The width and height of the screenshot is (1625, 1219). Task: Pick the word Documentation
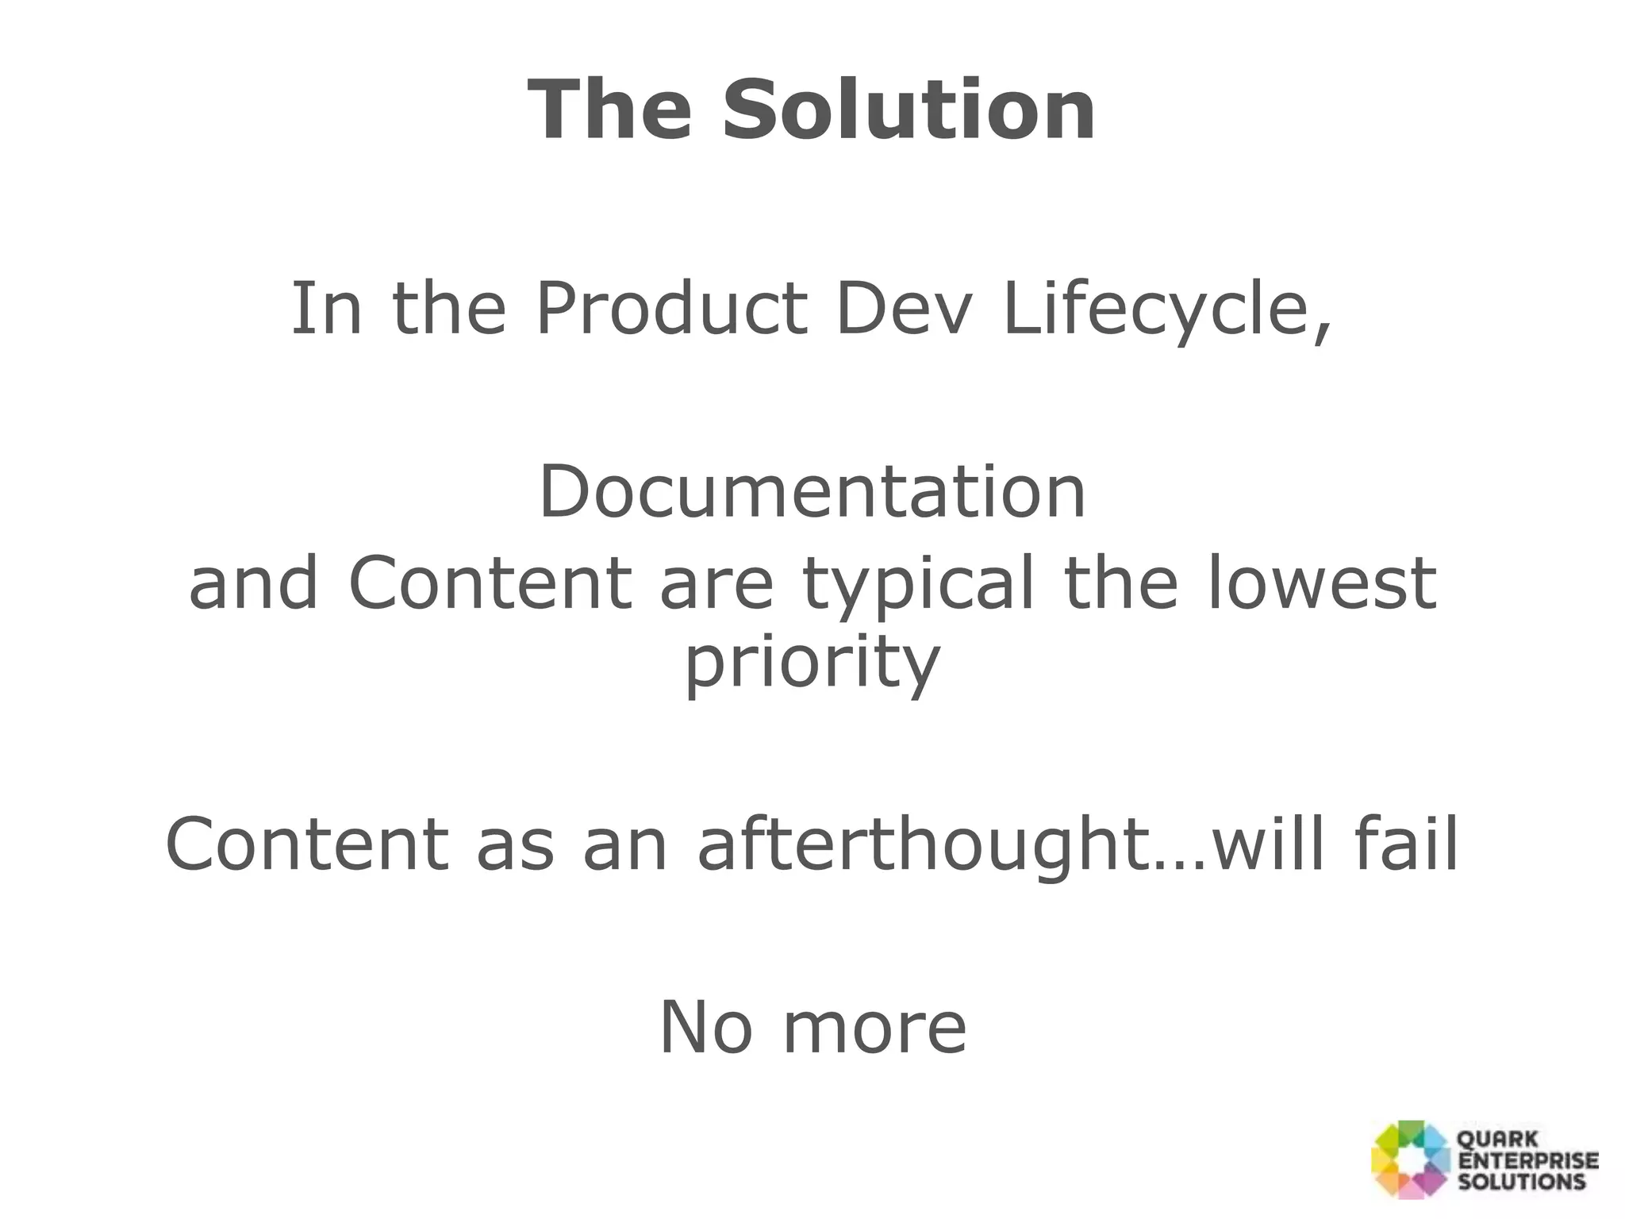pos(812,492)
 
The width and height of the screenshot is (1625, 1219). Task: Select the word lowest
pos(1321,583)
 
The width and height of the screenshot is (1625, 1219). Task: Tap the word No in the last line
pos(705,1028)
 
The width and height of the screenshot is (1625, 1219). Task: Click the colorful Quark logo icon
pos(1410,1159)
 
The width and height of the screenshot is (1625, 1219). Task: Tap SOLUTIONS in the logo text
pos(1521,1181)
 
